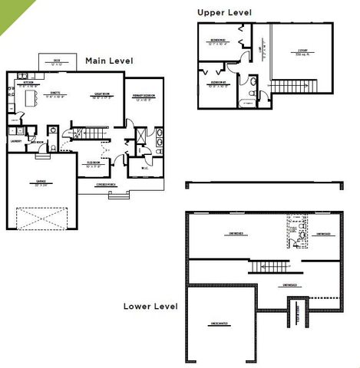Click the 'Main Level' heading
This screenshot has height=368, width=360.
[x=109, y=61]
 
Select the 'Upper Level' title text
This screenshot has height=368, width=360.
[x=223, y=12]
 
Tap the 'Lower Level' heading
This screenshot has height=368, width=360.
[x=150, y=306]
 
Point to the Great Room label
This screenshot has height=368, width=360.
[x=103, y=97]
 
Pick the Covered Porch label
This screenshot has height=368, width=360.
[x=106, y=185]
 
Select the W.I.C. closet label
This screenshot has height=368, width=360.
[x=144, y=169]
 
